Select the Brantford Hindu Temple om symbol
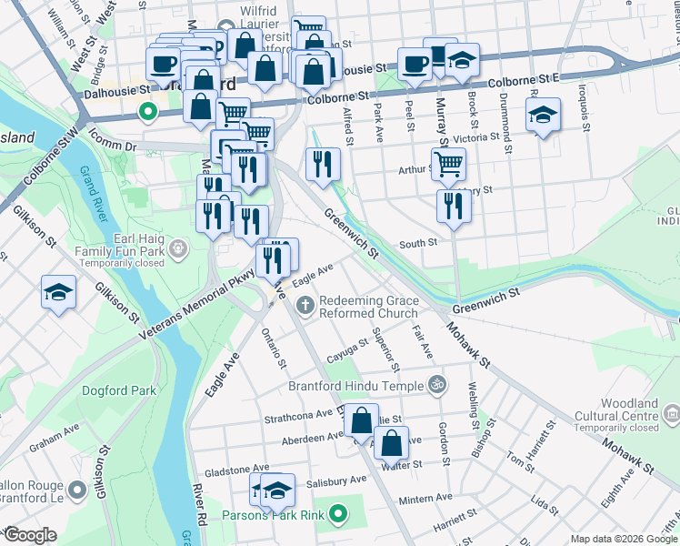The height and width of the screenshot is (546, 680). coord(436,385)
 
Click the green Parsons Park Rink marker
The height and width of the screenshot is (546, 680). coord(338,516)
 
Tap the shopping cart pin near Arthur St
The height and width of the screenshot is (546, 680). coord(449,165)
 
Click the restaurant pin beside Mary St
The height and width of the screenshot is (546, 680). coord(454,206)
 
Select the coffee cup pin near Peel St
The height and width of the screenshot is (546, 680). coord(415,64)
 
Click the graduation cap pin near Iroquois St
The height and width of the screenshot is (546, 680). coord(543,116)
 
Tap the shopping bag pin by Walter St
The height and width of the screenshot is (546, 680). coord(391,444)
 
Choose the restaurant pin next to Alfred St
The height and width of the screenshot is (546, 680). coord(323,165)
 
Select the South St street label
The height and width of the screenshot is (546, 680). coord(419,243)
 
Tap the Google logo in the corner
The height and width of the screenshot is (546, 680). coord(29,535)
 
